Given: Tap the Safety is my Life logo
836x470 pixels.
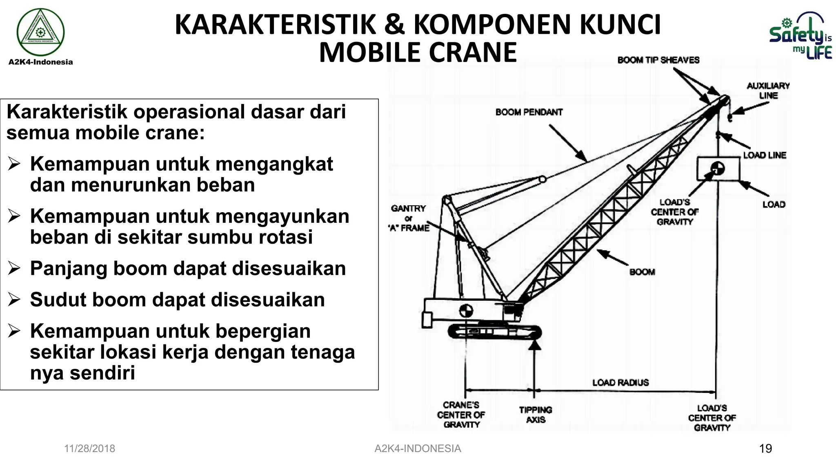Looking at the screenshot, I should click(800, 37).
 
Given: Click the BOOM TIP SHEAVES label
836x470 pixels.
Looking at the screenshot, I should click(658, 60).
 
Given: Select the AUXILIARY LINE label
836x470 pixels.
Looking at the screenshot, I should click(768, 91).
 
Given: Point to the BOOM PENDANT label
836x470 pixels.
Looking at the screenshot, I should click(529, 112).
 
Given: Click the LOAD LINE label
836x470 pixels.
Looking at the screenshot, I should click(764, 155).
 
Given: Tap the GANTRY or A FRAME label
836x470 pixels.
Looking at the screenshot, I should click(409, 218).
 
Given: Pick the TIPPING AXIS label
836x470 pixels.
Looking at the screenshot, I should click(535, 415).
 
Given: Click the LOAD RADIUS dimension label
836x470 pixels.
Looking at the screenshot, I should click(620, 383).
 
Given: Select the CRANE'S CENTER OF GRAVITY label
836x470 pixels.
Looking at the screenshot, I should click(461, 415).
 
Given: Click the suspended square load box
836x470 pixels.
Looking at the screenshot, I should click(718, 168).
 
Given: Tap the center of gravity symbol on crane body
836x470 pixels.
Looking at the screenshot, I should click(466, 311).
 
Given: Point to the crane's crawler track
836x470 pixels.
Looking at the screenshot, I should click(494, 332).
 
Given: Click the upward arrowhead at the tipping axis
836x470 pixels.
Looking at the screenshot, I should click(534, 345).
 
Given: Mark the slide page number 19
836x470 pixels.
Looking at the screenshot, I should click(765, 449).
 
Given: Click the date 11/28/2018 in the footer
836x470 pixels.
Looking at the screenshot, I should click(89, 449).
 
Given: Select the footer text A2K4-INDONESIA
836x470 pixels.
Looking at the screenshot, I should click(418, 449).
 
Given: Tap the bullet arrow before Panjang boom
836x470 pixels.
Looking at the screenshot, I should click(14, 268).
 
